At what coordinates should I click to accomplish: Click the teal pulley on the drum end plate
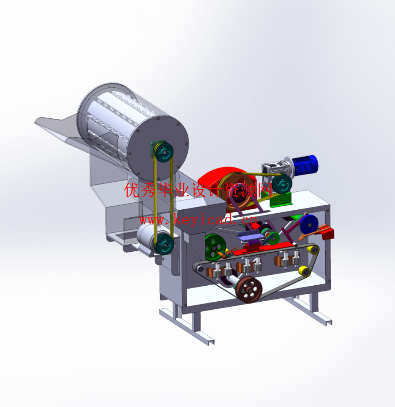coord(164,152)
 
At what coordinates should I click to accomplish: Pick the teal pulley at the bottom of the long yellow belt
coord(165,244)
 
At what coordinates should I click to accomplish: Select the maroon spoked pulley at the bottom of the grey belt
coord(249,290)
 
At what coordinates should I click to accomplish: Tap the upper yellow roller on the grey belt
coord(313,250)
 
